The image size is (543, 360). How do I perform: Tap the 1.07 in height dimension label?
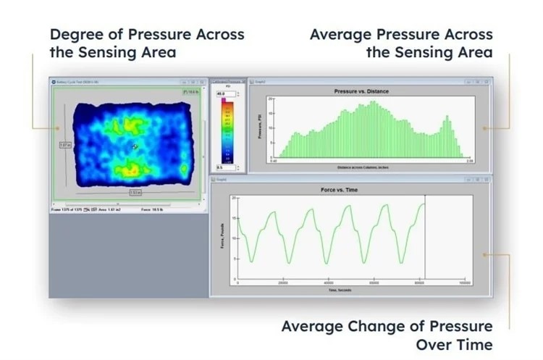tap(64, 145)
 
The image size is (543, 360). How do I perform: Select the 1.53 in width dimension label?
tap(135, 193)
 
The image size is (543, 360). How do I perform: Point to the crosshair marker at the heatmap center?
tap(135, 146)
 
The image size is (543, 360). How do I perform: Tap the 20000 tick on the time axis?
tap(284, 283)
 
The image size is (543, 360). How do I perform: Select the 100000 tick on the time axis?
tap(465, 283)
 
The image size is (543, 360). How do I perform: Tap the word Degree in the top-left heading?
tap(77, 34)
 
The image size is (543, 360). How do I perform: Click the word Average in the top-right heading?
tap(340, 34)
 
